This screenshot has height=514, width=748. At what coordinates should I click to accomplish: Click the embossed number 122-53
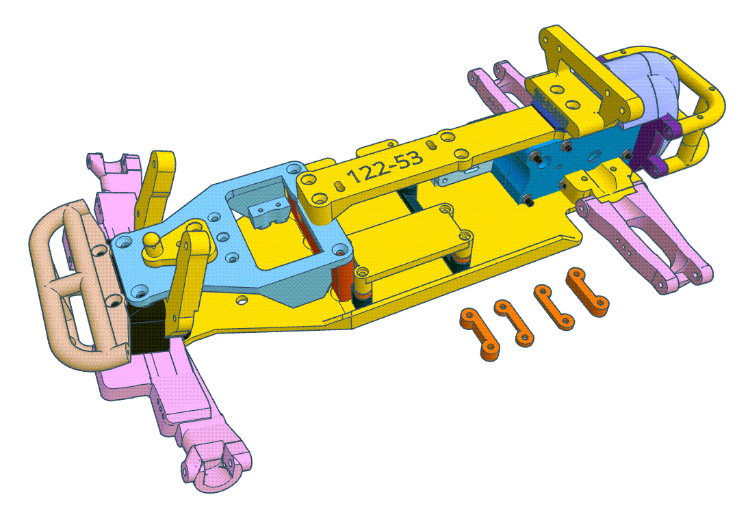click(385, 168)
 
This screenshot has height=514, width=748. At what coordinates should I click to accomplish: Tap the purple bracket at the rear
click(657, 147)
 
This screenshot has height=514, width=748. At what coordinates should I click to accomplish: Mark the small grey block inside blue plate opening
click(268, 213)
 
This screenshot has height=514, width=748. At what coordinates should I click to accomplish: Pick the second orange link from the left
click(513, 320)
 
